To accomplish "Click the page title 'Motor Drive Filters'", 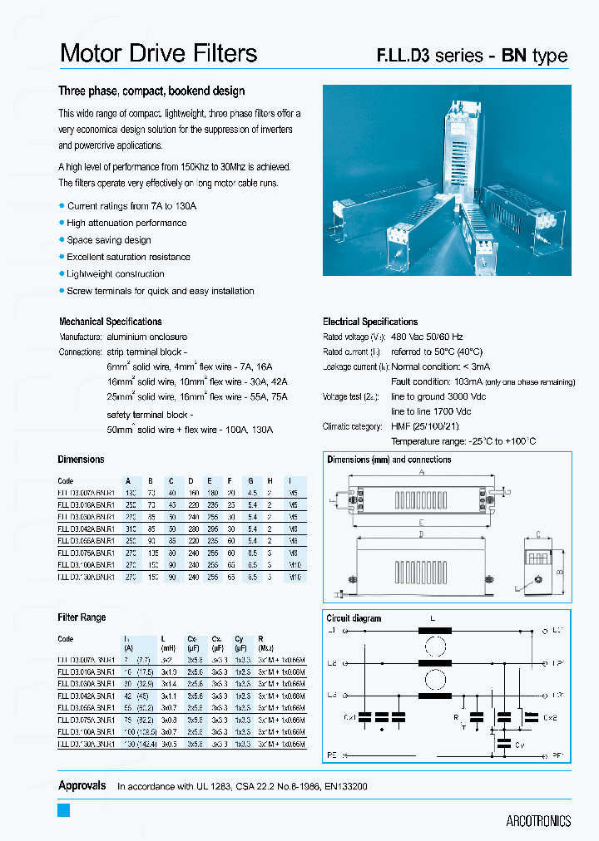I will (x=158, y=54).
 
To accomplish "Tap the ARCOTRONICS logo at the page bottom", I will (x=538, y=820).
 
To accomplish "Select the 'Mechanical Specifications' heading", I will (x=110, y=322).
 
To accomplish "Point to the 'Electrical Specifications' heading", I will (x=370, y=322).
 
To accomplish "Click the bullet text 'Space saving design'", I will (x=109, y=240).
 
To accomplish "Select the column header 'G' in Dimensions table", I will (x=250, y=481).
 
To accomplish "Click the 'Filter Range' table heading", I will (x=82, y=617).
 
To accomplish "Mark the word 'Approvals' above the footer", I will (x=82, y=785).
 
